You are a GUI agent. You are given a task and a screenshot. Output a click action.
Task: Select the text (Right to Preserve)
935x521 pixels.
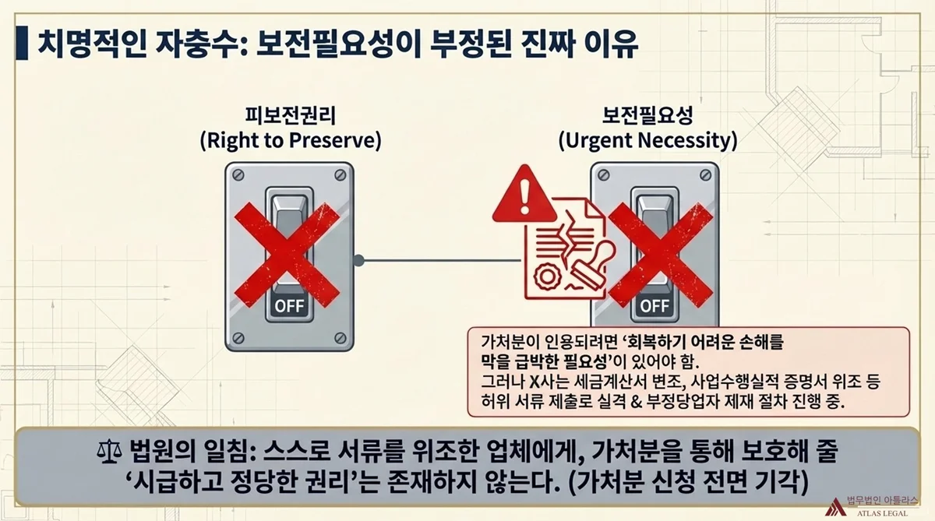[x=290, y=142]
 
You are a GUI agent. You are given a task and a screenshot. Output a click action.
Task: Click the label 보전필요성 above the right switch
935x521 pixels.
[x=647, y=118]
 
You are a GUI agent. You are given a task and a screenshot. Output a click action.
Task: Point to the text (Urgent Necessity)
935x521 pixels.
[x=647, y=142]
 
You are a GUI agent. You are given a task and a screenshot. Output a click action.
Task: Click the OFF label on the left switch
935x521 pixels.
[x=289, y=305]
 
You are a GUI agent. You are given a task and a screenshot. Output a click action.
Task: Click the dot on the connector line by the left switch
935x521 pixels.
[x=358, y=260]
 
